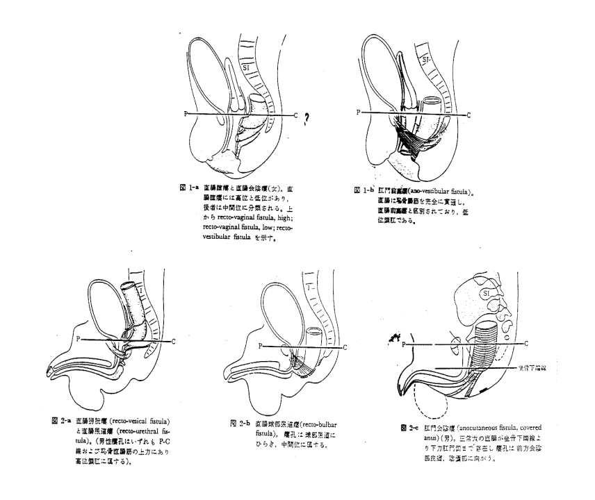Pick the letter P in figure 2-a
tap(81, 340)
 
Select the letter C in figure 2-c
tap(527, 343)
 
